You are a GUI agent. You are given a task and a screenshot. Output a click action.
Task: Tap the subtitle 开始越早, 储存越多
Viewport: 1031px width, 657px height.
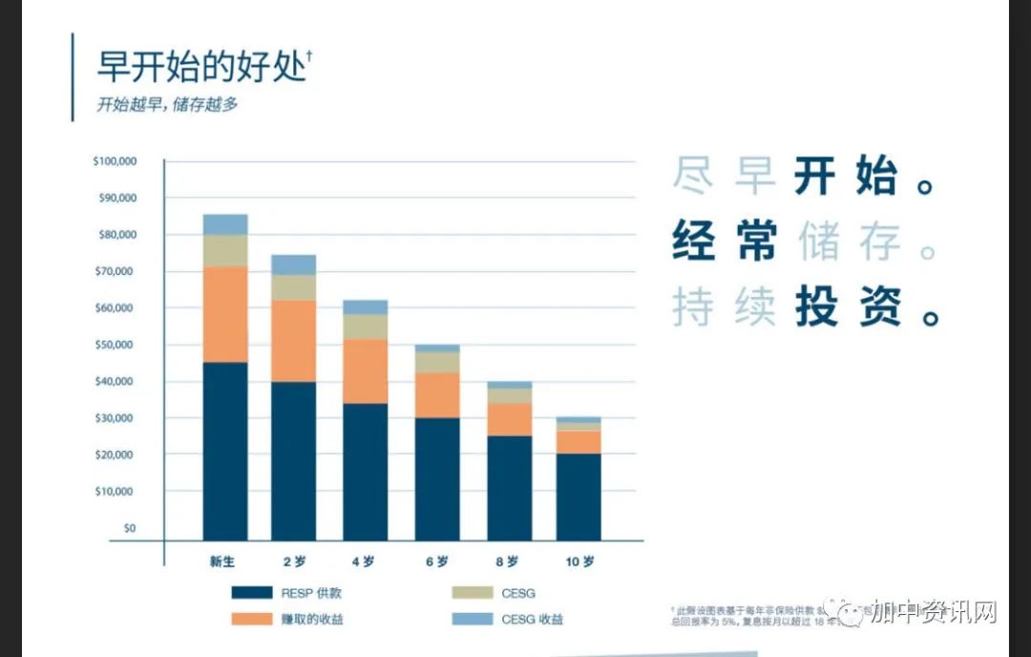tap(167, 105)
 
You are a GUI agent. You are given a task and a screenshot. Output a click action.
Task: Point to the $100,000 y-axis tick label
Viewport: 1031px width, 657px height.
tap(115, 161)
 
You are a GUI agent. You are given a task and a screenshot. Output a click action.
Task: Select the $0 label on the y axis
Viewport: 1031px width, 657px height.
tap(128, 528)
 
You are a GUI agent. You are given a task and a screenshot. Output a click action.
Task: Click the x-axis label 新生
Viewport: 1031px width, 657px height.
tap(223, 562)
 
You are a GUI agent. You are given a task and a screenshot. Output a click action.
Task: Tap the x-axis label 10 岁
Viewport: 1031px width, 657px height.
tap(579, 562)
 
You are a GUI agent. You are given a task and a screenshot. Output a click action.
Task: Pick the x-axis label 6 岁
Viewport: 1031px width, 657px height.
tap(437, 562)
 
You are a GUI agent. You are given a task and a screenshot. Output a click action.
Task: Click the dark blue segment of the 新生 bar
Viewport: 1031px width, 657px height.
tap(225, 451)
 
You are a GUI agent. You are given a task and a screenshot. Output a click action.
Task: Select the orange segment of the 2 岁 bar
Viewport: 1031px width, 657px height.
tap(294, 341)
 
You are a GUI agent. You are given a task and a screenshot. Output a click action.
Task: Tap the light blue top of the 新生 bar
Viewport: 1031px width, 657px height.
tap(225, 224)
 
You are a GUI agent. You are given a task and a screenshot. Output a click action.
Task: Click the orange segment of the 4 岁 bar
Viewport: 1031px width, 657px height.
tap(366, 371)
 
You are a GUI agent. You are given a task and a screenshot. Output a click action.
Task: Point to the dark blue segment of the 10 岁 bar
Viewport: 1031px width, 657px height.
tap(579, 497)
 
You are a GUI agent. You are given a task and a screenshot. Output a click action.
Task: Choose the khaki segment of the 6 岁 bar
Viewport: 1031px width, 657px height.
tap(437, 362)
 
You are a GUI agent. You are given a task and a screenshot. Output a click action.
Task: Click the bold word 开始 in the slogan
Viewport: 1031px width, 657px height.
tap(846, 179)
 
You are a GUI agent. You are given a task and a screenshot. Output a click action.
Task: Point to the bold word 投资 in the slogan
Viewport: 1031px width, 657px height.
tap(846, 307)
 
